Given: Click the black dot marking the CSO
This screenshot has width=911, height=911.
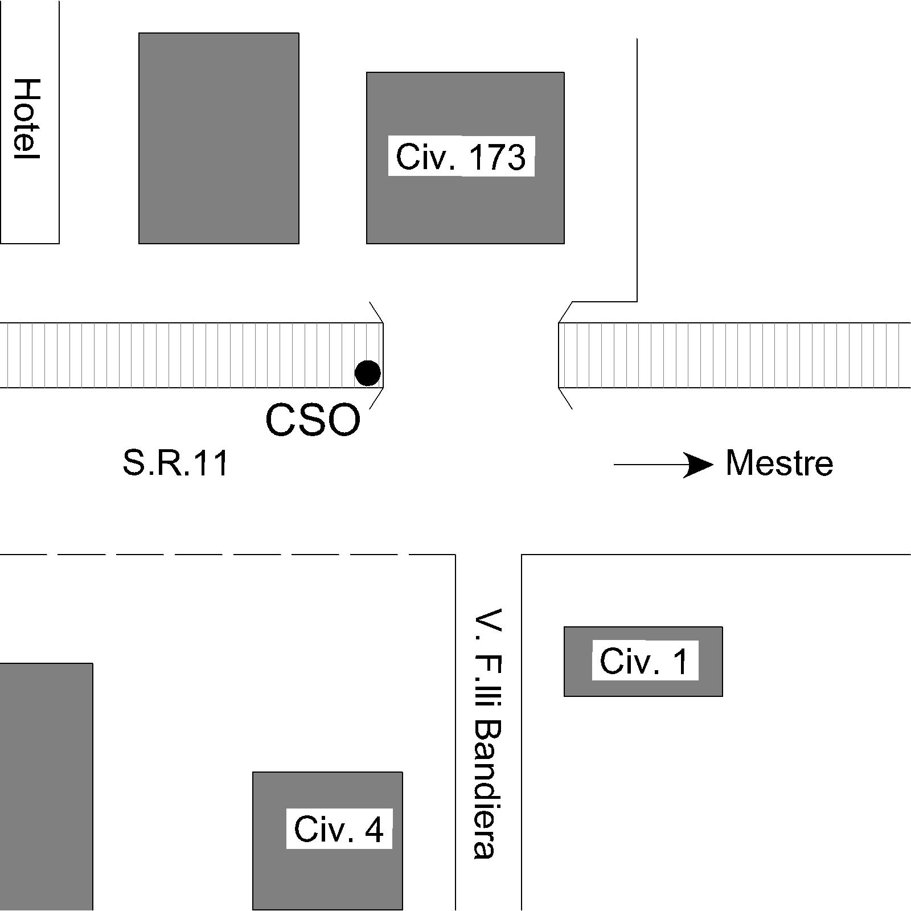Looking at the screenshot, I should pyautogui.click(x=367, y=373).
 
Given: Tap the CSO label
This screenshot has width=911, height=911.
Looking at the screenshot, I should pyautogui.click(x=313, y=421).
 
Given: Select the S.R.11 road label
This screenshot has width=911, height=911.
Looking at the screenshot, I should pyautogui.click(x=175, y=463).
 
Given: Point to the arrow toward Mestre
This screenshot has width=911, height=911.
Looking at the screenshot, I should pyautogui.click(x=663, y=465).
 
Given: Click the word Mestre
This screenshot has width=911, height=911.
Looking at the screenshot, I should pyautogui.click(x=779, y=463).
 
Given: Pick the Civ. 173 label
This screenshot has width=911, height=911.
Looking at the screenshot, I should pyautogui.click(x=461, y=157).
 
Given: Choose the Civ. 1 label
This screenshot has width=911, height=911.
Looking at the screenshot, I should pyautogui.click(x=644, y=661).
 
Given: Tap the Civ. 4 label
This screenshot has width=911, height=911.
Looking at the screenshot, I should pyautogui.click(x=339, y=829).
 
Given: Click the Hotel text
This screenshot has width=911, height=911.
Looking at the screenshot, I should pyautogui.click(x=27, y=118).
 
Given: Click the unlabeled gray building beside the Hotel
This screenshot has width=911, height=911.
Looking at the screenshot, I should pyautogui.click(x=219, y=138).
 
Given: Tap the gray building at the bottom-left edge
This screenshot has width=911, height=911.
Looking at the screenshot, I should pyautogui.click(x=46, y=786).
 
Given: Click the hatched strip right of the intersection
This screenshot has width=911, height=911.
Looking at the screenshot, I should pyautogui.click(x=734, y=355).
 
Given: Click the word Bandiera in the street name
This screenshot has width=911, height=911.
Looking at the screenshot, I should pyautogui.click(x=488, y=789).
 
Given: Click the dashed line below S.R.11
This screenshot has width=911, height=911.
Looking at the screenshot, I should pyautogui.click(x=228, y=554).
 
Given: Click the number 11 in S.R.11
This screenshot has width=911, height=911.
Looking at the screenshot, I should pyautogui.click(x=212, y=463).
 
